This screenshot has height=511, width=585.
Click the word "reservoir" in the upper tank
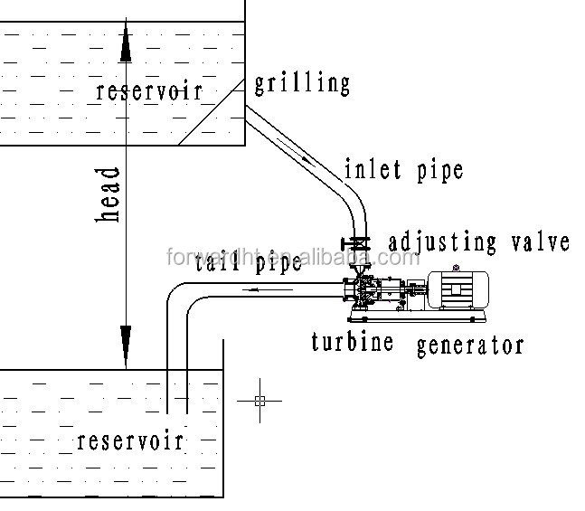(x=148, y=91)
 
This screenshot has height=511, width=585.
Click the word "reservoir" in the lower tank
(x=130, y=440)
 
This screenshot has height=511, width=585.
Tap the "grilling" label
(x=301, y=84)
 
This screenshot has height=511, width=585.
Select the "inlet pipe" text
(x=403, y=169)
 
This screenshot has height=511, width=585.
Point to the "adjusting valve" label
(x=479, y=241)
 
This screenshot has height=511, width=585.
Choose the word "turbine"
(x=354, y=342)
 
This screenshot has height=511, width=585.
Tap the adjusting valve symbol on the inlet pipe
(x=359, y=243)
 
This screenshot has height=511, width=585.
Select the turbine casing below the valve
(x=364, y=291)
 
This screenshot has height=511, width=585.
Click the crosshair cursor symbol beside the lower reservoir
(x=259, y=400)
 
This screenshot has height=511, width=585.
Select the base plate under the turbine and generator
(x=416, y=316)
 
